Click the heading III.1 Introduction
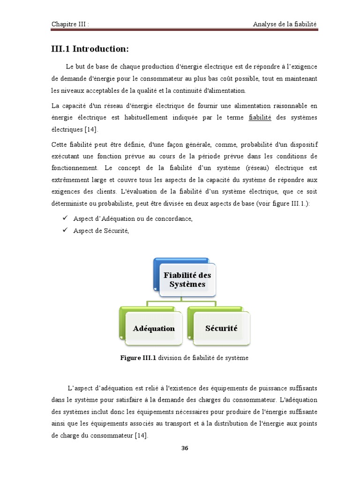90,49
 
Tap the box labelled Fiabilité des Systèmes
187,280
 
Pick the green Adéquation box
153,328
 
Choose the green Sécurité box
221,328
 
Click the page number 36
185,448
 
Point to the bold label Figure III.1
138,358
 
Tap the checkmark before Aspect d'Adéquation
65,218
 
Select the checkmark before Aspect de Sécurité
65,231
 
